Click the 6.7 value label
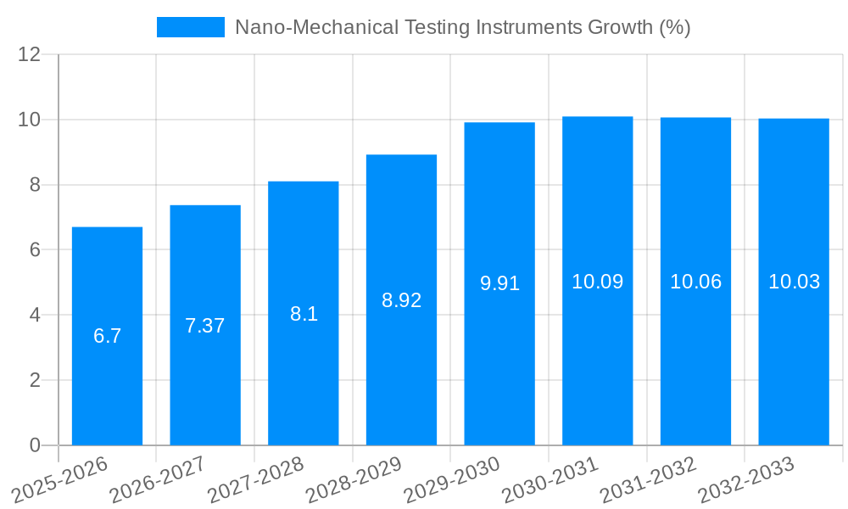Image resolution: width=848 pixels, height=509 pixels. tap(107, 336)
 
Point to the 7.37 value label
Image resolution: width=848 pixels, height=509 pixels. tap(205, 326)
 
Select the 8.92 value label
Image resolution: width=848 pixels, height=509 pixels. tap(401, 300)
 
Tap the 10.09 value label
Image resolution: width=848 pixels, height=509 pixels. tap(597, 282)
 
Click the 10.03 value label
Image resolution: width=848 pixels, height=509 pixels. tap(794, 282)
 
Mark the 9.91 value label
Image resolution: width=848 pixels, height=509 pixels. tap(499, 283)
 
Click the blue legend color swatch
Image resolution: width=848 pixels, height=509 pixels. tap(191, 27)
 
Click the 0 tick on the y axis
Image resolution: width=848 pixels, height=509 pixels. tap(35, 445)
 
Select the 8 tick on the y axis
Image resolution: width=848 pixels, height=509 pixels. tap(35, 185)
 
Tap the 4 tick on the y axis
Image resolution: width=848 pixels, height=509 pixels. tap(35, 316)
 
